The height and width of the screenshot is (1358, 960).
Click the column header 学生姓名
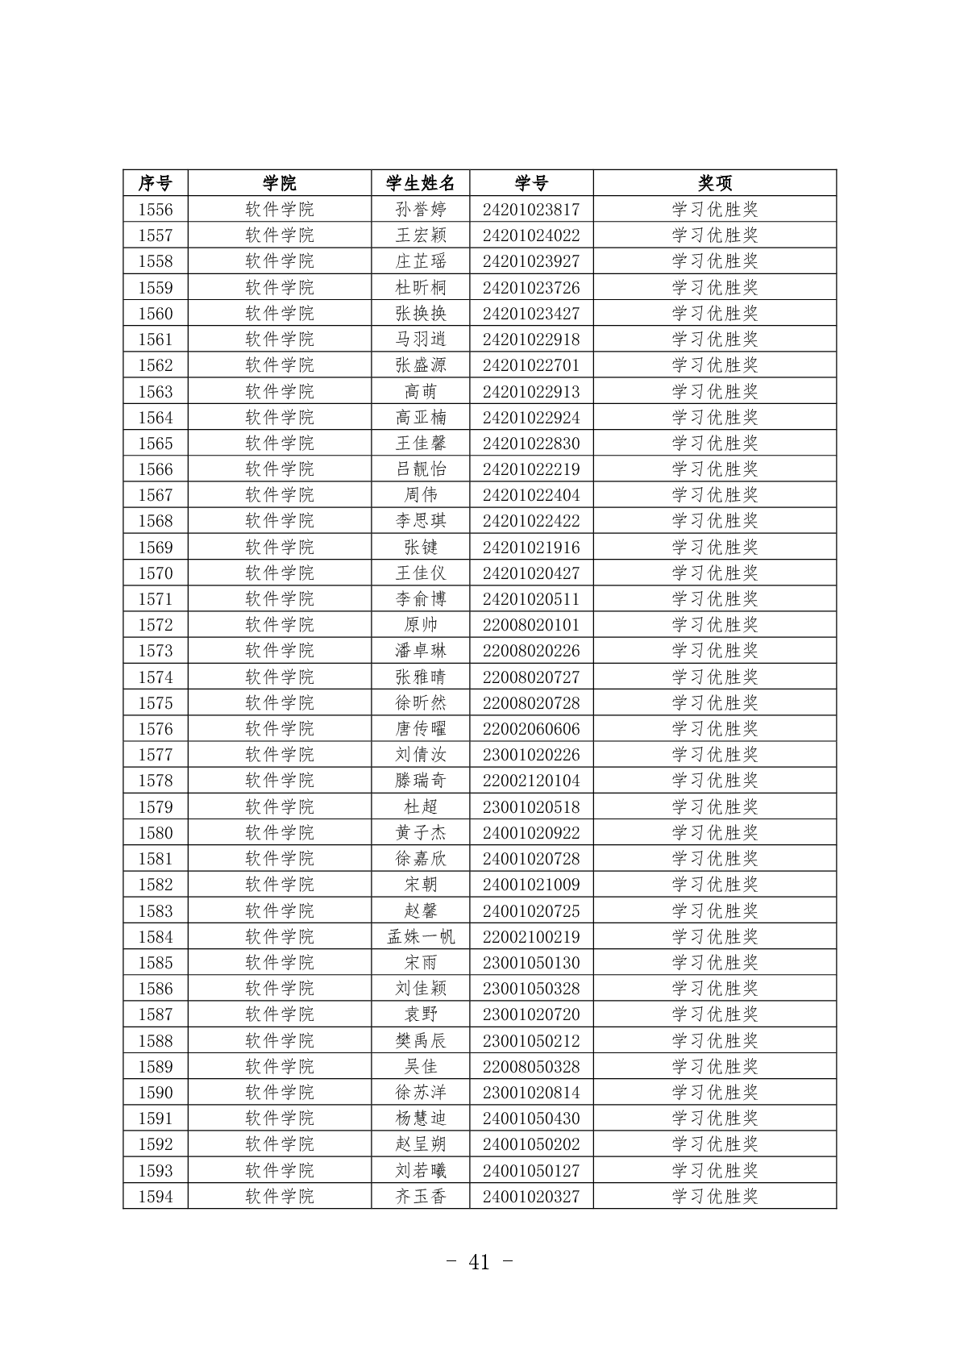click(x=420, y=183)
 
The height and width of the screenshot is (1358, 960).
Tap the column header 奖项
click(x=714, y=183)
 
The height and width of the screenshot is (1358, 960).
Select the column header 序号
click(x=155, y=183)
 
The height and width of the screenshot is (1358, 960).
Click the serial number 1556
click(x=155, y=210)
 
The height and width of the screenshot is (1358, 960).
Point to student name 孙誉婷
click(x=420, y=210)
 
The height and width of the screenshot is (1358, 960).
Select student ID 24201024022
click(x=531, y=235)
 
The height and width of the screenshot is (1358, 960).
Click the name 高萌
click(x=420, y=392)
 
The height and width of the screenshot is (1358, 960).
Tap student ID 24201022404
click(x=531, y=495)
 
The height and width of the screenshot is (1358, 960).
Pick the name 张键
click(x=420, y=548)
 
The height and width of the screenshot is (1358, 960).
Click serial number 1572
click(x=155, y=625)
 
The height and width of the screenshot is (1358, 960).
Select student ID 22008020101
click(x=531, y=625)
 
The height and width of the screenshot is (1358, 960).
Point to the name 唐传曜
click(x=420, y=729)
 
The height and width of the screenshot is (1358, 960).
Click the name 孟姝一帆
click(x=420, y=937)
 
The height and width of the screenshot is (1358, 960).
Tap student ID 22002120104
click(x=531, y=781)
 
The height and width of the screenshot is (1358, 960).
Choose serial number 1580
click(x=155, y=833)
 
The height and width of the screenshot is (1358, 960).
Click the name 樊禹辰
click(x=420, y=1041)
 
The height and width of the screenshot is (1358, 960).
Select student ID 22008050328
click(x=531, y=1067)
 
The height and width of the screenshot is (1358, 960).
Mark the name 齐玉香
click(x=420, y=1197)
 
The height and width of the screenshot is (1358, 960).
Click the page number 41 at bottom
click(x=479, y=1263)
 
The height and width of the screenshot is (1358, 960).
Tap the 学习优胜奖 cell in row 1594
click(x=714, y=1197)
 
